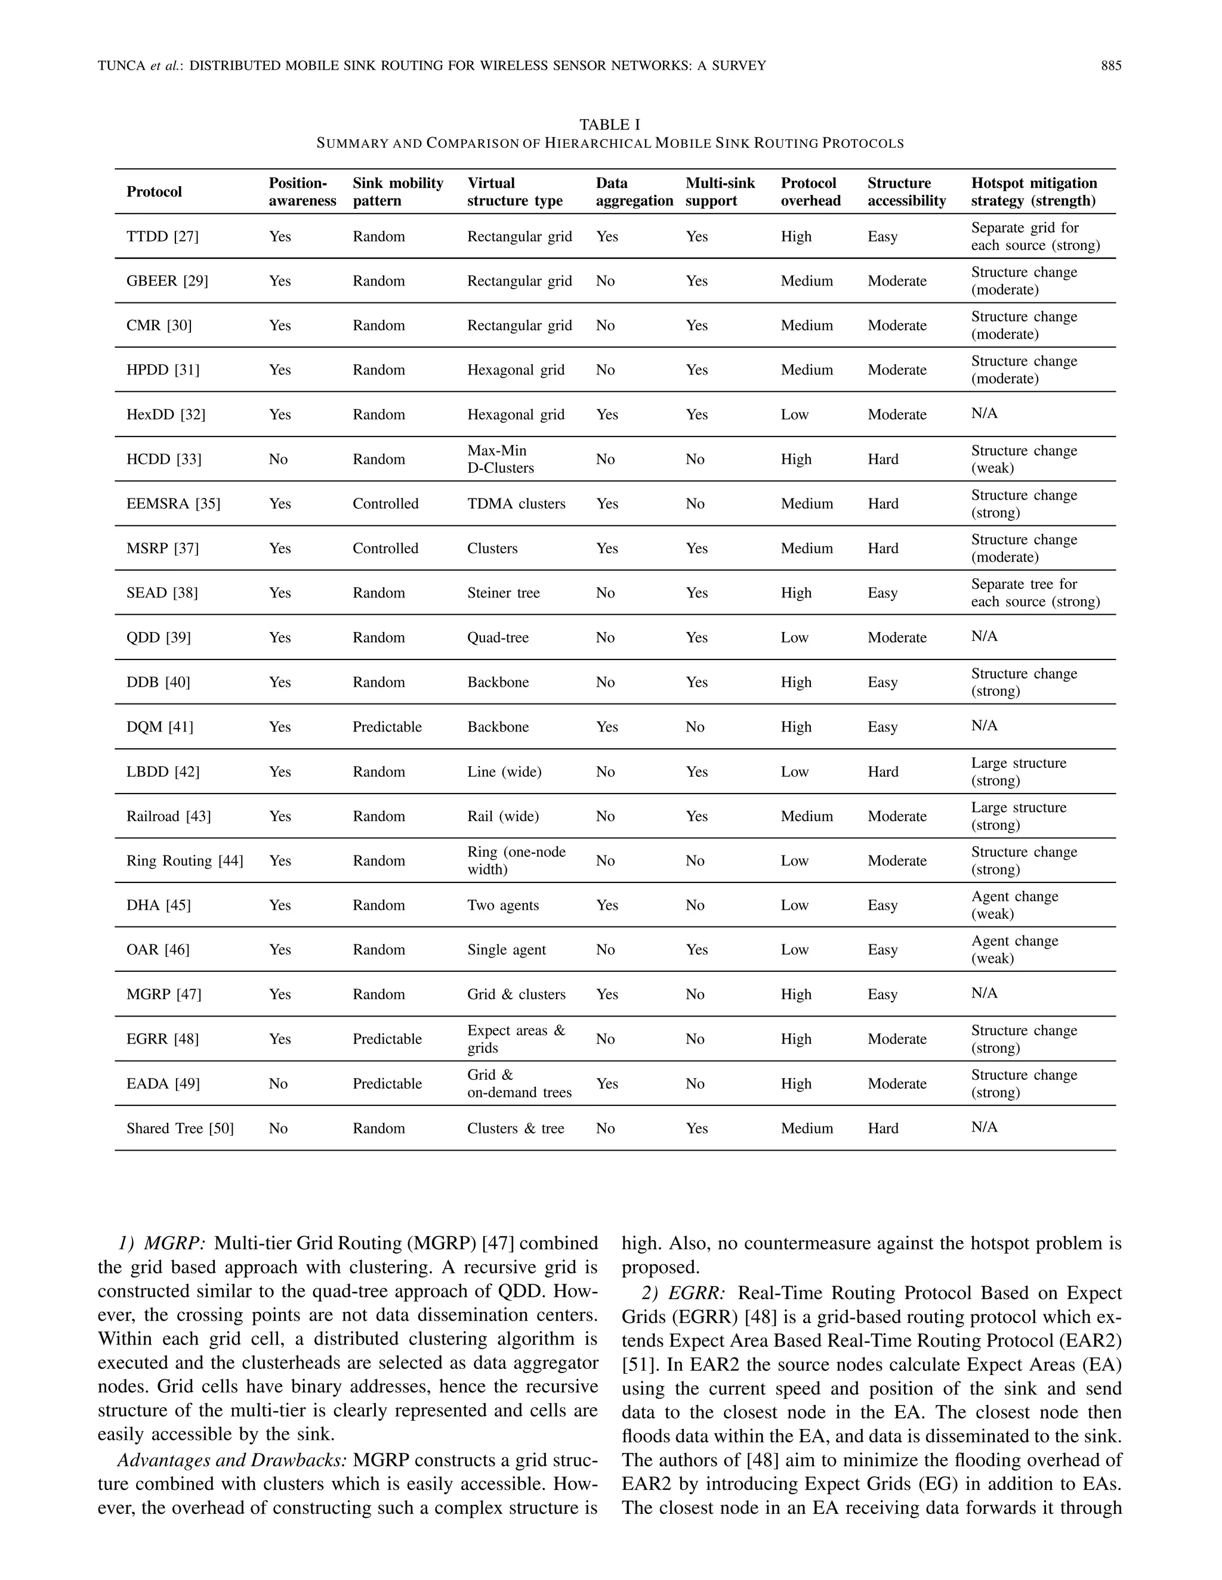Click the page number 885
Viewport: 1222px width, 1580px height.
pos(1110,66)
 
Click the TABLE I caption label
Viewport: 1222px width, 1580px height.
pos(610,125)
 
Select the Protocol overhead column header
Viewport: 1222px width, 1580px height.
pos(810,192)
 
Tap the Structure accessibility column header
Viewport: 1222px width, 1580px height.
pos(906,192)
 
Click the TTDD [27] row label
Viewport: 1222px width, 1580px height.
pos(162,237)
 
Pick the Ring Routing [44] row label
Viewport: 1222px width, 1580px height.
pos(184,860)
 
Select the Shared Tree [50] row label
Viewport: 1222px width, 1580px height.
pos(180,1128)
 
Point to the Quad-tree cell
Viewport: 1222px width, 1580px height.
pos(498,637)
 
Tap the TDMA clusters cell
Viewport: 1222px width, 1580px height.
pos(516,504)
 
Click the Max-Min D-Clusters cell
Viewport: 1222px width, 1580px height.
pos(500,459)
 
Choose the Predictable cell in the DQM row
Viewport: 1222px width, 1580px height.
pos(387,726)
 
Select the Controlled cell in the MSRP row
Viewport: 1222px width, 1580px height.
pos(385,549)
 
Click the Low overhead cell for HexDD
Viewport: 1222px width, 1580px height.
pos(794,414)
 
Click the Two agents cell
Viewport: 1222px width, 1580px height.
pos(502,905)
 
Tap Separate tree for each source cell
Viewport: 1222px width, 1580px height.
pos(1035,593)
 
